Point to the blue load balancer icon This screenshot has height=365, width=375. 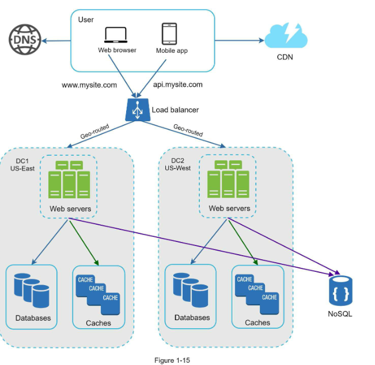[x=138, y=109]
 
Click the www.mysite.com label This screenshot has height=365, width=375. [x=89, y=85]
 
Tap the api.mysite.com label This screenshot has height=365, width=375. [x=178, y=84]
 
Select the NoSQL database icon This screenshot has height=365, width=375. [x=340, y=291]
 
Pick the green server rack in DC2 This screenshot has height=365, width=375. [x=228, y=179]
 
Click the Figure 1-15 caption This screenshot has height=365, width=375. [x=172, y=360]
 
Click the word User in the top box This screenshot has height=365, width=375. [x=85, y=20]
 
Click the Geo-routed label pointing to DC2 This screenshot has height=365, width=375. [x=188, y=130]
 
